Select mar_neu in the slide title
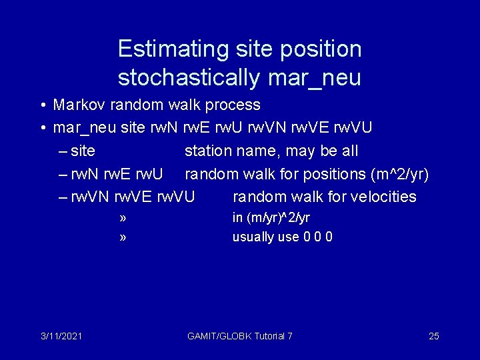[314, 78]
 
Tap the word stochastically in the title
[189, 78]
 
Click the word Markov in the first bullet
[79, 105]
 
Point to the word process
[233, 105]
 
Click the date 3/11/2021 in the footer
[61, 336]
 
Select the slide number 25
[433, 336]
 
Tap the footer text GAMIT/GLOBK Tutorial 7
[240, 336]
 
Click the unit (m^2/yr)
[399, 174]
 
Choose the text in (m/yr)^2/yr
[271, 217]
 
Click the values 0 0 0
[318, 237]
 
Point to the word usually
[251, 237]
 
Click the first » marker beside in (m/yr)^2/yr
[123, 217]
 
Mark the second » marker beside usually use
[123, 237]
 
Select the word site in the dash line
[83, 151]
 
